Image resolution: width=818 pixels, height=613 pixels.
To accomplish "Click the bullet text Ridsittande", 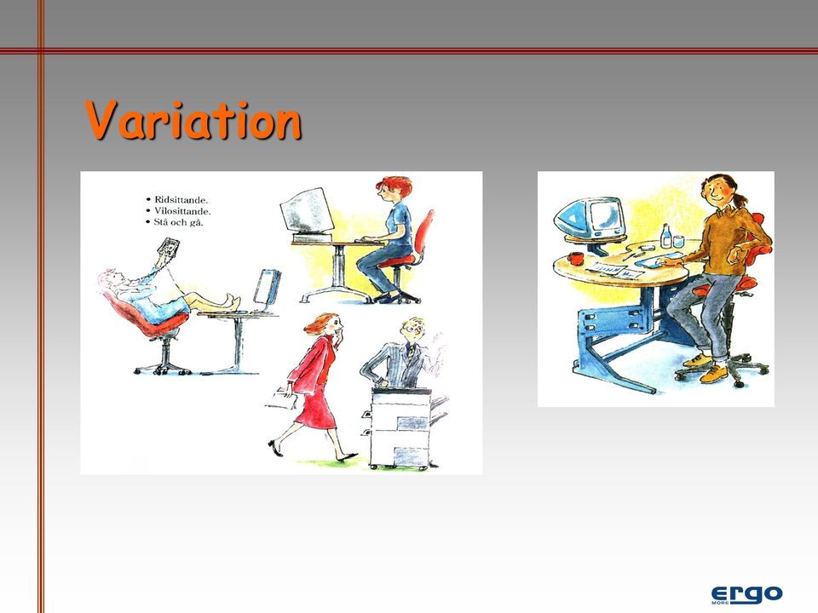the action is point(181,199).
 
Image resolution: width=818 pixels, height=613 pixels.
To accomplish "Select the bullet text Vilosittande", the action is point(182,211).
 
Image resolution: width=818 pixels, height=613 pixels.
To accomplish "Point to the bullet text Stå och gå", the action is point(178,222).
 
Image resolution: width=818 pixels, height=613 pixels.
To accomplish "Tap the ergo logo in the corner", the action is point(746,593).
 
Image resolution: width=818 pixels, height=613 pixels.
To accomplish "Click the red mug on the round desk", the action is point(576,258).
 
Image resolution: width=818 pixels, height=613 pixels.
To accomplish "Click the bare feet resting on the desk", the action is point(232,301).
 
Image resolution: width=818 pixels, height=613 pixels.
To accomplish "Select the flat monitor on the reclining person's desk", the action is point(267,286).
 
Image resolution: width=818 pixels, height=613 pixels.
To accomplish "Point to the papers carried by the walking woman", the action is point(282,398).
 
